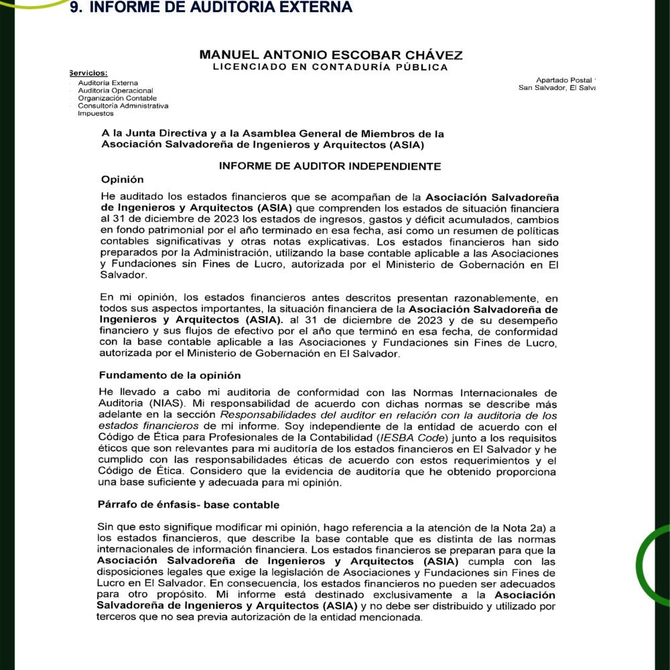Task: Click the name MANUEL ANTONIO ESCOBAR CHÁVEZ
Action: point(331,54)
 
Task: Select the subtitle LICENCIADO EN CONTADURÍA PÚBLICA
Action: point(330,66)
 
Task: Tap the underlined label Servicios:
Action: point(88,73)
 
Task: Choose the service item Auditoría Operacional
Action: point(115,90)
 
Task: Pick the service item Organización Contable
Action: point(117,98)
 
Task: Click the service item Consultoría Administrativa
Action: point(123,106)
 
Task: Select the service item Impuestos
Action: point(95,113)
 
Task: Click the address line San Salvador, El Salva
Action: point(557,88)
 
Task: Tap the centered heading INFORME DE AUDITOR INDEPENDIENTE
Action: point(330,166)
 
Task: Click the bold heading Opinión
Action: point(122,179)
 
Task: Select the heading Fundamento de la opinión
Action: point(170,375)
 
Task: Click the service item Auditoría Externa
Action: point(108,82)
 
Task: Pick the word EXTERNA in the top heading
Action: point(312,7)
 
